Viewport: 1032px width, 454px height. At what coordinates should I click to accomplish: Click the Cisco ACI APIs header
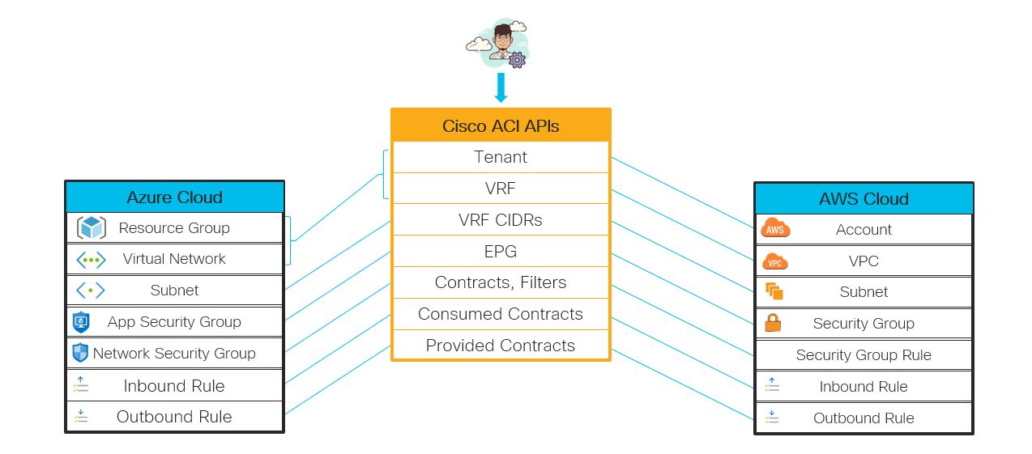click(x=501, y=125)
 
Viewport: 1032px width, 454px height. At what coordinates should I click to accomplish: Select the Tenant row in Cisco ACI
click(x=501, y=157)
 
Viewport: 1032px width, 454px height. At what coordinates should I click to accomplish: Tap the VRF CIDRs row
click(x=501, y=220)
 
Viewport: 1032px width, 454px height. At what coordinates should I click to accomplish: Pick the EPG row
click(x=501, y=252)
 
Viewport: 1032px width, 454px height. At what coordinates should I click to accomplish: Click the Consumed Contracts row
click(x=501, y=314)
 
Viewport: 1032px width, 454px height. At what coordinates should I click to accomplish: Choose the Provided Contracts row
click(x=501, y=346)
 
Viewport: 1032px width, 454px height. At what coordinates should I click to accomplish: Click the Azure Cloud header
click(x=174, y=197)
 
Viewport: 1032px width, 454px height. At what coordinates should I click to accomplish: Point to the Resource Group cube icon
click(x=91, y=228)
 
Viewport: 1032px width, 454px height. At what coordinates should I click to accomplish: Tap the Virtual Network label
click(x=174, y=259)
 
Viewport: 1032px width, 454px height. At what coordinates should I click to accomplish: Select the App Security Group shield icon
click(x=81, y=322)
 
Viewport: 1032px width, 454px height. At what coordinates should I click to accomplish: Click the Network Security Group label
click(x=174, y=354)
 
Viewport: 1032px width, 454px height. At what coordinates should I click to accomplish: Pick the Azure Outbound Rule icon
click(x=80, y=417)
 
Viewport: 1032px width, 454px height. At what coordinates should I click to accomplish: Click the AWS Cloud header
click(x=864, y=199)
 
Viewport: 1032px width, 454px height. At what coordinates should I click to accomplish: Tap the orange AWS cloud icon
click(x=775, y=230)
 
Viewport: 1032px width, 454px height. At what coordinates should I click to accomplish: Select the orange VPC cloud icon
click(x=775, y=261)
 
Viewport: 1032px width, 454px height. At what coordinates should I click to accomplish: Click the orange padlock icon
click(x=774, y=323)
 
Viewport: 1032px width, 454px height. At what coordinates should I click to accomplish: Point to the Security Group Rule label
click(x=864, y=355)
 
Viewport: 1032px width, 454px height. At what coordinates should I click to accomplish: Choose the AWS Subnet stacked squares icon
click(x=774, y=291)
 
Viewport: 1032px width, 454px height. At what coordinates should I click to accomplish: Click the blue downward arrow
click(x=501, y=87)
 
